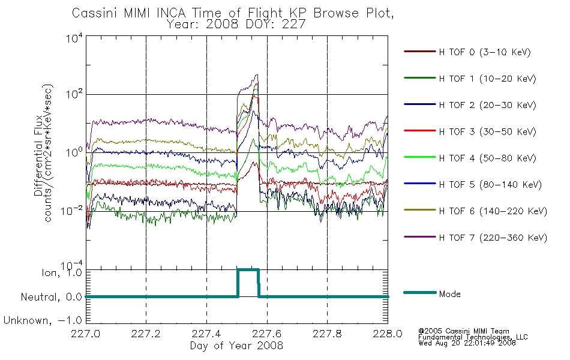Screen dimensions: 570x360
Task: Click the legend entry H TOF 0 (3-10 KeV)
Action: tap(467, 52)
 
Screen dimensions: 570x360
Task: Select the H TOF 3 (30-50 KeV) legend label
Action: tap(470, 131)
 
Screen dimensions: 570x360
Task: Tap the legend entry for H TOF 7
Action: tap(475, 238)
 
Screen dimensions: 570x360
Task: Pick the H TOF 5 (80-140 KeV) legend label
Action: tap(473, 184)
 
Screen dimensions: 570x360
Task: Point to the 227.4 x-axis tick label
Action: tap(206, 334)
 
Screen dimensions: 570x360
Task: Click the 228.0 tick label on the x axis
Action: tap(388, 334)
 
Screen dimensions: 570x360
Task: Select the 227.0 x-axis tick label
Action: tap(86, 334)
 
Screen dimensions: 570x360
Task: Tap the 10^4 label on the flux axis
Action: tap(74, 38)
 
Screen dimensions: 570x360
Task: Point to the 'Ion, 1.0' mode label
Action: tap(62, 272)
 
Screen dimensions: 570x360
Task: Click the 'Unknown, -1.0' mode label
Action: tap(43, 320)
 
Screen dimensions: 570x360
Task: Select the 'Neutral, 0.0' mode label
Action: tap(52, 297)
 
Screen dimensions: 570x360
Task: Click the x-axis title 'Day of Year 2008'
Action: tap(236, 345)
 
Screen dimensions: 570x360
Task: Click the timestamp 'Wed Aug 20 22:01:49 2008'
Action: tap(467, 343)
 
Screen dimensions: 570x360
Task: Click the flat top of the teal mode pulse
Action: tap(248, 269)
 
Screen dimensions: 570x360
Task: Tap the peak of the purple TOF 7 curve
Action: tap(257, 75)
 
